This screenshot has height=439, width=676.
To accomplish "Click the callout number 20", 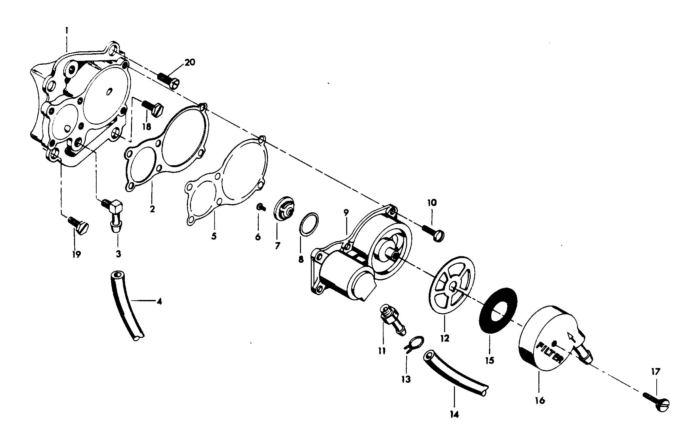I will [189, 62].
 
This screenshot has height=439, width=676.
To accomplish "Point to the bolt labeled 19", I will [80, 225].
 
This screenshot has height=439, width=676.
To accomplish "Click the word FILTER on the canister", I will [550, 354].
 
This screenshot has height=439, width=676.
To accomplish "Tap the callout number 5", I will [214, 236].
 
